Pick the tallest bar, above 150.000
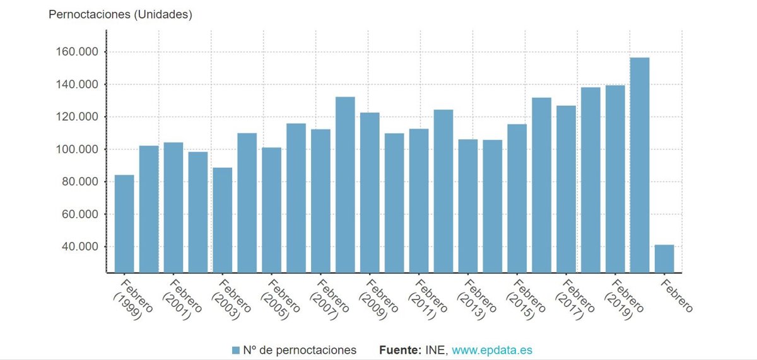tap(640, 165)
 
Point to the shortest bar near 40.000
tap(664, 258)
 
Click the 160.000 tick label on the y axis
tap(78, 52)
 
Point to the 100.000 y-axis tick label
tap(78, 149)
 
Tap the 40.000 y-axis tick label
tap(80, 247)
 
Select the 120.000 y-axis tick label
tap(78, 117)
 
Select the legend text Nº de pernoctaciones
tap(300, 350)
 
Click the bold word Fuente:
tap(401, 350)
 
